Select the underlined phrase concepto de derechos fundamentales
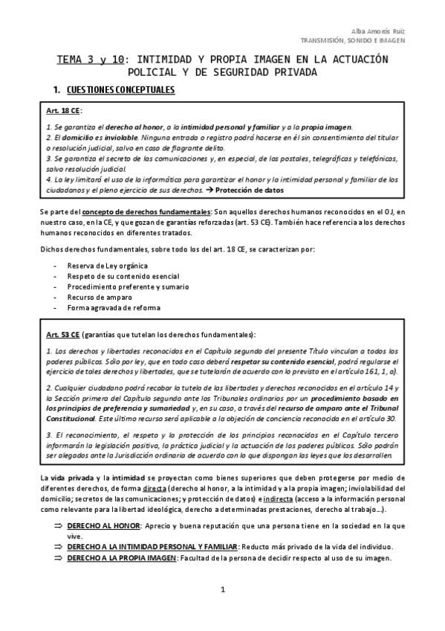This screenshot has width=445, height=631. (x=145, y=213)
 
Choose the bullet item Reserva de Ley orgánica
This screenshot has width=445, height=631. (x=107, y=266)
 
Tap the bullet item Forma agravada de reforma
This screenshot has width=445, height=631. (x=113, y=307)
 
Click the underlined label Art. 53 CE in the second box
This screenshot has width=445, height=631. (x=63, y=334)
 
